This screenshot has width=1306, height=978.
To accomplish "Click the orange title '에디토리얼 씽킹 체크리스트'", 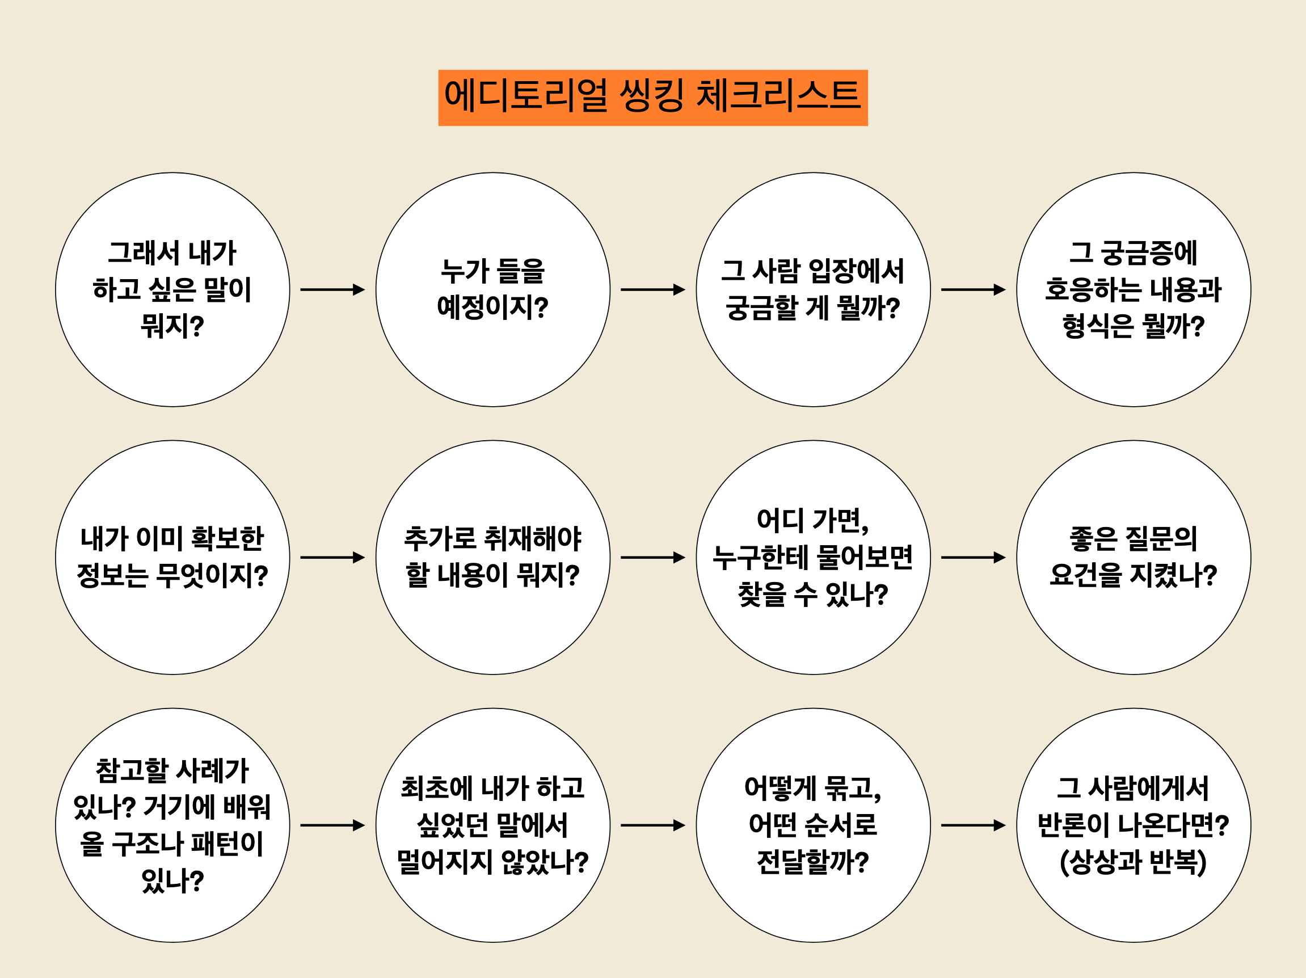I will (x=652, y=98).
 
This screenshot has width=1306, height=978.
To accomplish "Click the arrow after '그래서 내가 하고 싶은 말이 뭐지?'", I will (x=332, y=290).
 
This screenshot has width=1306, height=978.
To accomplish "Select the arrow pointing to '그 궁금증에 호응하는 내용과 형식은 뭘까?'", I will (x=973, y=290).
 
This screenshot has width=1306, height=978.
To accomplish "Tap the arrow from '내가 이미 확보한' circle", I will (x=332, y=557).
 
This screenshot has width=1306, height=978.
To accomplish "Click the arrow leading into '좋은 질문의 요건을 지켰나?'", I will (x=973, y=557).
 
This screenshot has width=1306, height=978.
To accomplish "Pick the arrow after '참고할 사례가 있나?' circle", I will (x=332, y=825).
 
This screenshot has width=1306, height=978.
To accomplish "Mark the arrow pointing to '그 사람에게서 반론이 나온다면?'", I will (x=973, y=825).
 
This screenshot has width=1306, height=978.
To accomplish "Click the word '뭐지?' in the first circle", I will (x=172, y=326).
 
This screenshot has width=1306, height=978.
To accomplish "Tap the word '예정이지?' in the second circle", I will (x=493, y=307).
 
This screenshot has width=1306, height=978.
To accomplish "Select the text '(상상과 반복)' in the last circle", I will (x=1133, y=862).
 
